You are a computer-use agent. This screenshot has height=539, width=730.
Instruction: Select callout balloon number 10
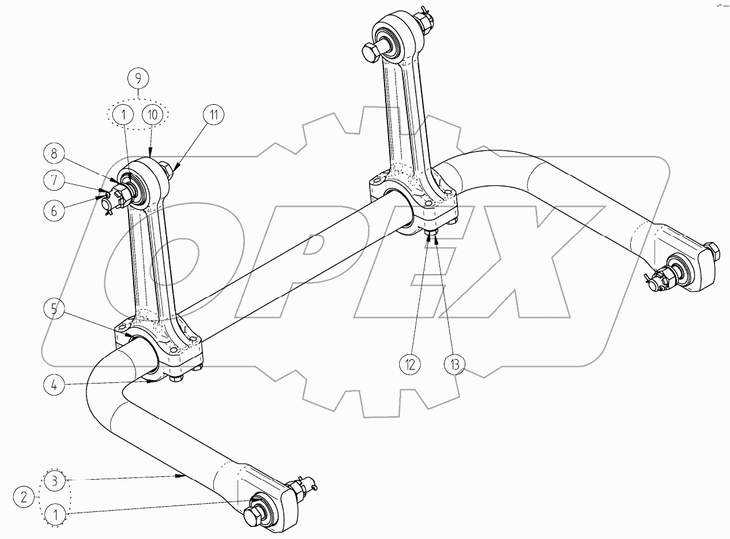click(x=152, y=115)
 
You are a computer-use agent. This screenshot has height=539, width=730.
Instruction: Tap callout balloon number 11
click(x=213, y=115)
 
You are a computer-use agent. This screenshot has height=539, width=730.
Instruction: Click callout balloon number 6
click(x=54, y=210)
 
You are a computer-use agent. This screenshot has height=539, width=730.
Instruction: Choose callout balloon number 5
click(x=53, y=309)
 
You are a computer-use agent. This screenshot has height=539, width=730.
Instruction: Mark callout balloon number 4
click(x=53, y=384)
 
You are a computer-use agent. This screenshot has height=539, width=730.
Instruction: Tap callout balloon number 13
click(x=454, y=364)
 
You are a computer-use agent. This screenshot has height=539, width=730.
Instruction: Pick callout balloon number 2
click(x=24, y=497)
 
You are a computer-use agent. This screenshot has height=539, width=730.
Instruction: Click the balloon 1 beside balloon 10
click(x=123, y=115)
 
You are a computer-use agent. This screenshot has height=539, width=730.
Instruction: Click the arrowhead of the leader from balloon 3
click(x=184, y=476)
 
